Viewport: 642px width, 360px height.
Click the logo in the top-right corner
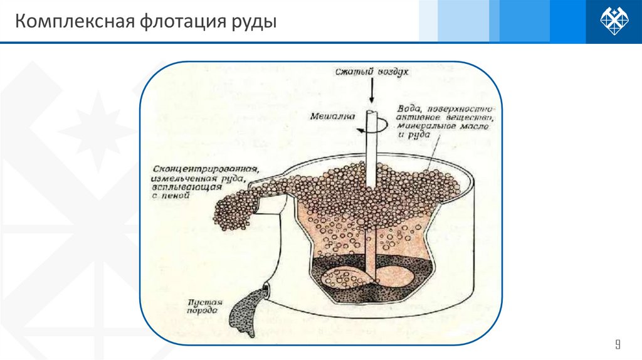[614, 21]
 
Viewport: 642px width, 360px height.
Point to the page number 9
[618, 344]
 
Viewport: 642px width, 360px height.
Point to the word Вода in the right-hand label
[408, 107]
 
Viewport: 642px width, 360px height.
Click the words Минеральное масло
[436, 126]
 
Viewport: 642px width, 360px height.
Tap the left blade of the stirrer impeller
[341, 276]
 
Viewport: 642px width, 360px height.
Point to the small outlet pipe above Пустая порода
[266, 289]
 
